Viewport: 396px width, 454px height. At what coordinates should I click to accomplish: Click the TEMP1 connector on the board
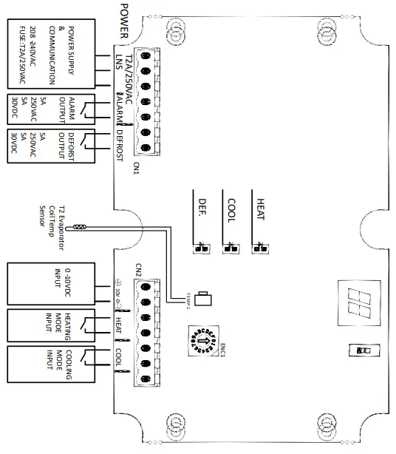click(205, 299)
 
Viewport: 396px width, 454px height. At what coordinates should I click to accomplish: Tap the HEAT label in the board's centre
click(259, 209)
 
